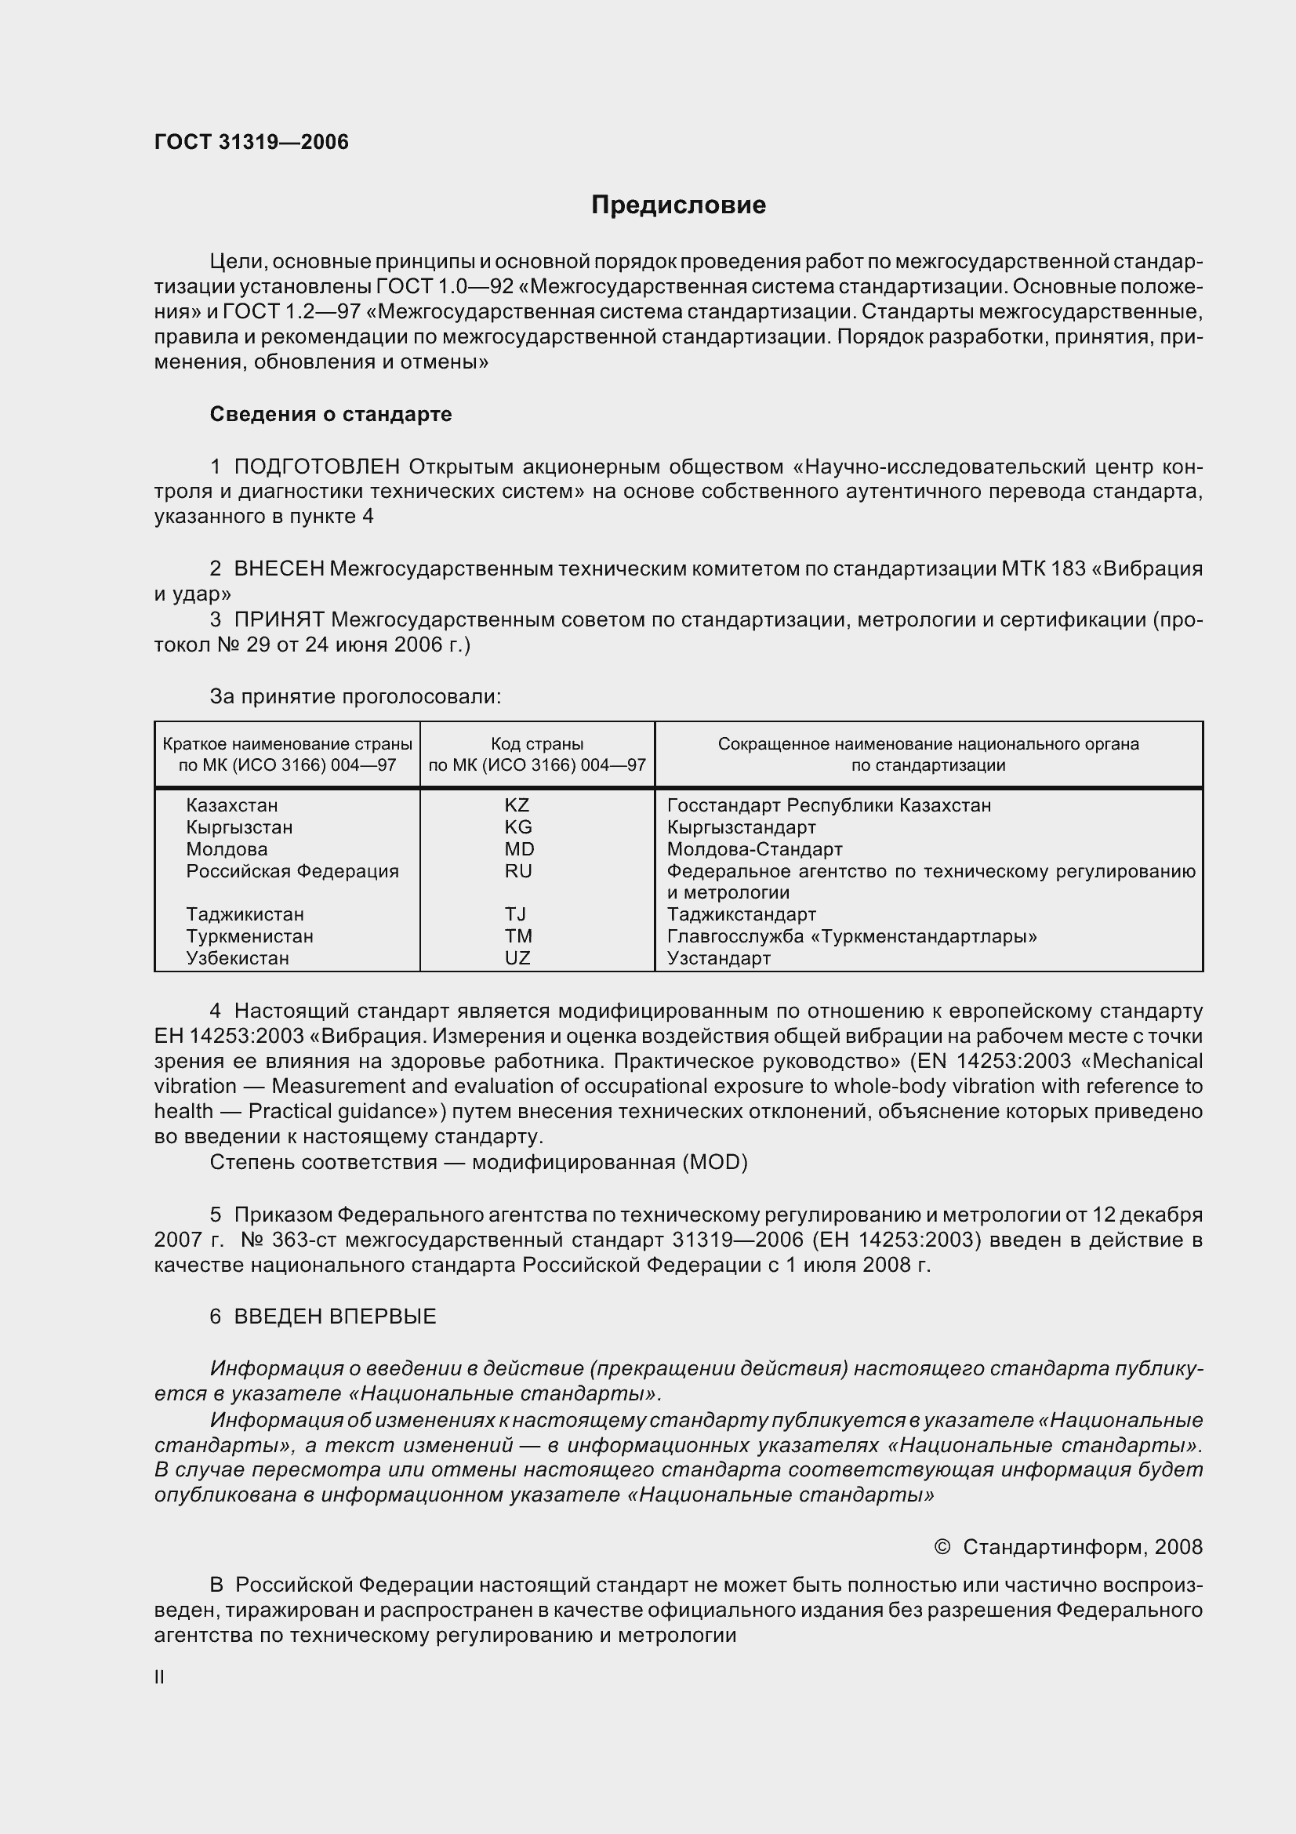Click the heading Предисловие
click(x=678, y=205)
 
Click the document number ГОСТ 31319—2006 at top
click(x=252, y=142)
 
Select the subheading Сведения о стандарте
click(x=331, y=414)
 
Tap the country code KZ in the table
click(x=517, y=805)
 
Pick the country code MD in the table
click(x=519, y=849)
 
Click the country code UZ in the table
click(x=517, y=957)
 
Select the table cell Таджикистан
click(x=245, y=913)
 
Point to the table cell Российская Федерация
click(x=292, y=870)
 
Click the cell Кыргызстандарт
click(x=741, y=826)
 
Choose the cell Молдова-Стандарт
click(x=754, y=849)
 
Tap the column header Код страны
click(x=536, y=743)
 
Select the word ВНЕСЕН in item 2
click(x=278, y=568)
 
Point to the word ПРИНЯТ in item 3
click(x=278, y=619)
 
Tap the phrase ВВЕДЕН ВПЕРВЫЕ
click(x=335, y=1316)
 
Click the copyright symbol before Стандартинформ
click(x=942, y=1547)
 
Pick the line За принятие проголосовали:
click(x=355, y=696)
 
